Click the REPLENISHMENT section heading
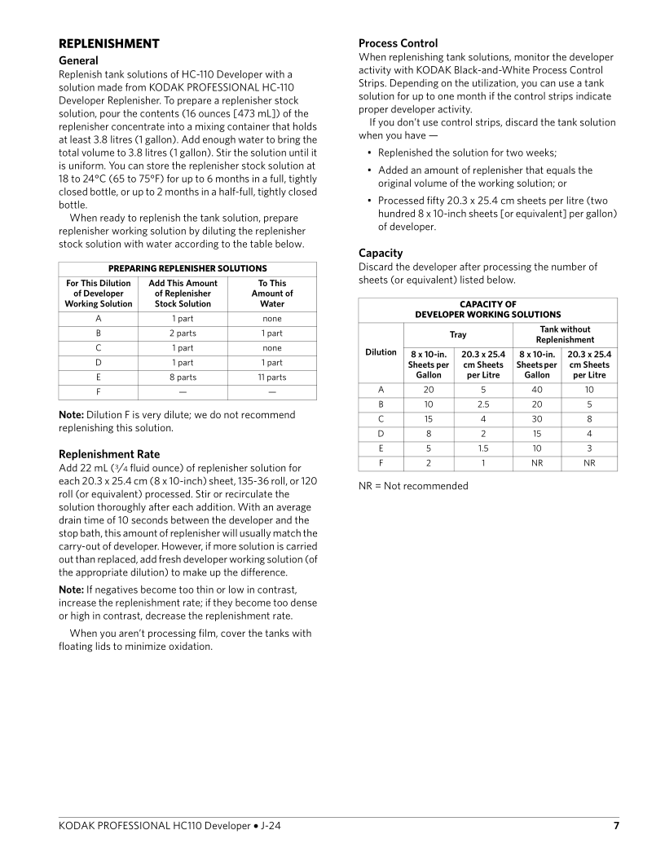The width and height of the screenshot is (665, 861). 108,44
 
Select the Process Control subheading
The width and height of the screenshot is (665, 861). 398,43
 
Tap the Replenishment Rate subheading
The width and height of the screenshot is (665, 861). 109,454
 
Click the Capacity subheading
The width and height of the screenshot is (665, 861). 381,253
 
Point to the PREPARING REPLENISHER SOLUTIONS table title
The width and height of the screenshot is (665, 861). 187,268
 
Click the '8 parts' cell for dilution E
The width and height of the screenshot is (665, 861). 183,378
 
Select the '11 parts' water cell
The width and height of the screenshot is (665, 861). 272,378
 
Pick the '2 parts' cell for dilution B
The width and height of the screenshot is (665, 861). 183,333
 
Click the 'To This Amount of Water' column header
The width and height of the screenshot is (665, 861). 272,294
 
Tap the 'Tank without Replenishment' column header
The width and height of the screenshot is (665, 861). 564,334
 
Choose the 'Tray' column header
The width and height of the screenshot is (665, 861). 458,334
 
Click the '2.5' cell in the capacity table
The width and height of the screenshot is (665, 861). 482,404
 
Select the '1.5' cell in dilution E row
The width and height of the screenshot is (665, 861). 482,448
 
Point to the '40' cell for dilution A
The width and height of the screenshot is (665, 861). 537,390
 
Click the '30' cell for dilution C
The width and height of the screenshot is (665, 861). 537,419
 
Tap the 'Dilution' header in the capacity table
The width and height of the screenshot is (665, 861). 381,352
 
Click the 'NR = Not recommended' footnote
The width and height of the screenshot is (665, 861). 413,486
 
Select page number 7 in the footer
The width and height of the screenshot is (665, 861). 616,826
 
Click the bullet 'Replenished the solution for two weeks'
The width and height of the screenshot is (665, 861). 467,153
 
